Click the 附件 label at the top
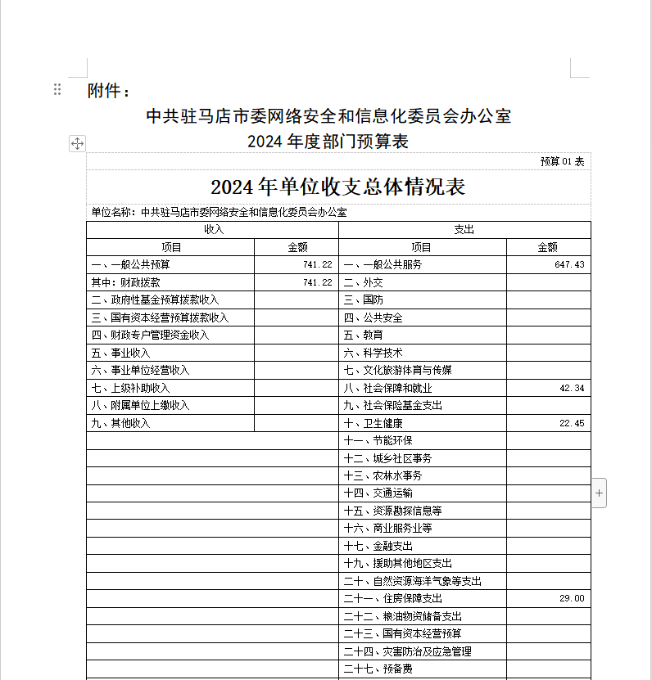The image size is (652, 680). pyautogui.click(x=108, y=91)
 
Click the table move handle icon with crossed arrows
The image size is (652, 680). pyautogui.click(x=77, y=144)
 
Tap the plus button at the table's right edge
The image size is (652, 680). pyautogui.click(x=599, y=493)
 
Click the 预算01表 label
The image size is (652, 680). pyautogui.click(x=562, y=161)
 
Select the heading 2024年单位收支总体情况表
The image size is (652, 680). pyautogui.click(x=337, y=187)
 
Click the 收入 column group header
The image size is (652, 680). pyautogui.click(x=213, y=230)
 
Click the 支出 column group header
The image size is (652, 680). pyautogui.click(x=464, y=230)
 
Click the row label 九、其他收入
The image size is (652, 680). pyautogui.click(x=121, y=424)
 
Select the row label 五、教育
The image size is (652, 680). pyautogui.click(x=363, y=335)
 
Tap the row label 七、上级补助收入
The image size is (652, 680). pyautogui.click(x=131, y=389)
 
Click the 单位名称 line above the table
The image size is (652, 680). pyautogui.click(x=218, y=213)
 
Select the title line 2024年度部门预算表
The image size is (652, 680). pyautogui.click(x=328, y=142)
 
